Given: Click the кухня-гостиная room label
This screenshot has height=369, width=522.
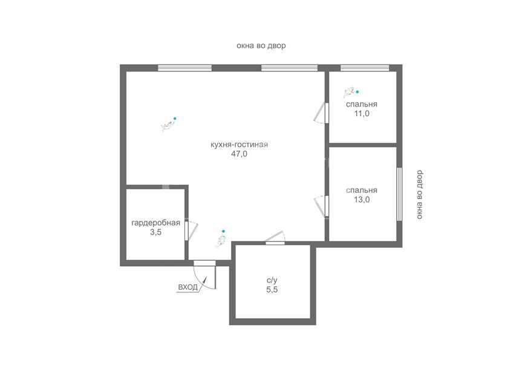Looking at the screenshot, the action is (x=239, y=145).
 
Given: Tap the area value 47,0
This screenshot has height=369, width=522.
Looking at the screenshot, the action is (x=239, y=154).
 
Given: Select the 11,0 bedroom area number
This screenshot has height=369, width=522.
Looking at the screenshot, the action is (x=362, y=114).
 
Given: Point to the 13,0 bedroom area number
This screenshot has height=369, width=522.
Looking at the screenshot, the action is (x=362, y=200).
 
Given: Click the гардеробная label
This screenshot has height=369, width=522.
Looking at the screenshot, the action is (x=156, y=223).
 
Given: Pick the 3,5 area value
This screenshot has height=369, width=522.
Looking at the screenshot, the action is (x=156, y=232).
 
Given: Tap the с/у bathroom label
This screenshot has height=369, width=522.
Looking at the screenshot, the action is (x=272, y=281).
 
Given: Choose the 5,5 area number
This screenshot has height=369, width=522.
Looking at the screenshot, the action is (x=272, y=289).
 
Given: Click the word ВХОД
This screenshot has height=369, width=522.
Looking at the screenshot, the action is (x=188, y=287).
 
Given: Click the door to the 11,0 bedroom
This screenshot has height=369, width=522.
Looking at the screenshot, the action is (x=322, y=113).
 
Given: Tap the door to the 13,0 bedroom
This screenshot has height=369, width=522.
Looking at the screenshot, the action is (x=322, y=206).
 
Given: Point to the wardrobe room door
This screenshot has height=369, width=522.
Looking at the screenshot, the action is (x=191, y=230).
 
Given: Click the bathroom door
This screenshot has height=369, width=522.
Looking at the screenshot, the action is (x=275, y=238).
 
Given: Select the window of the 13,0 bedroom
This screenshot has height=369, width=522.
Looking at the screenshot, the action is (x=399, y=194).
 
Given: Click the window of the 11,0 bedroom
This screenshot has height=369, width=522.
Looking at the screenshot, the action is (x=365, y=68).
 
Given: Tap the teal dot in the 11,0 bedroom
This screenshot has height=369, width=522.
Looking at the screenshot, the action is (x=357, y=91).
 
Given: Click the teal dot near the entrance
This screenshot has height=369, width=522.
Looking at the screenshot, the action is (x=223, y=231).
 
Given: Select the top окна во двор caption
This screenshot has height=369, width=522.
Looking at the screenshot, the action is (x=261, y=45).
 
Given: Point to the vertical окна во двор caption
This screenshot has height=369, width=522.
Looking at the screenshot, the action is (x=419, y=195).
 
